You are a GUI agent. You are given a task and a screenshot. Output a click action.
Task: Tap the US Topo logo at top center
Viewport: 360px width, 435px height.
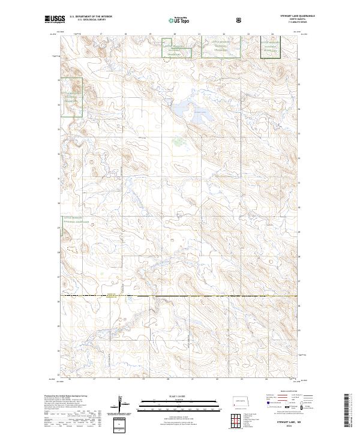click(176, 20)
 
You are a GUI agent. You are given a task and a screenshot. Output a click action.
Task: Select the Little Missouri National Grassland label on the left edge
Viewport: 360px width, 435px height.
click(73, 100)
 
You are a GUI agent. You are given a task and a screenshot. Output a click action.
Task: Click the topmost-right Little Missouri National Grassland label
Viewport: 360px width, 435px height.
click(271, 47)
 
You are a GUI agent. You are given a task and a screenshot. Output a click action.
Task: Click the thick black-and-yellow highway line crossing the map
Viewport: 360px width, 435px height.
click(180, 296)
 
